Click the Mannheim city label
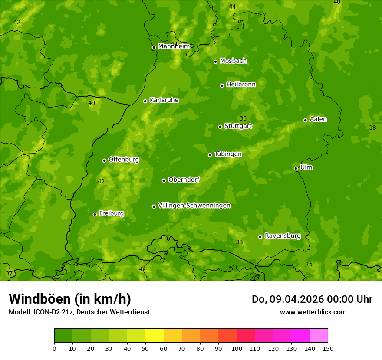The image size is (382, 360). tap(174, 46)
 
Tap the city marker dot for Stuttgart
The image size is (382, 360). tap(220, 127)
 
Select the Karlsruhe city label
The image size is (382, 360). tap(164, 100)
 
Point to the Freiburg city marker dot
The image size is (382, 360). tap(95, 214)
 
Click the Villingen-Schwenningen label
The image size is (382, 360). tap(194, 206)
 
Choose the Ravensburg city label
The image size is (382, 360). tap(283, 236)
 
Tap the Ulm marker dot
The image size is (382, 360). tap(296, 168)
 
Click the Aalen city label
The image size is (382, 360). tap(318, 119)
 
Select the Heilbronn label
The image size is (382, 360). tap(241, 85)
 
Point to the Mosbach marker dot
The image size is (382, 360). tap(215, 62)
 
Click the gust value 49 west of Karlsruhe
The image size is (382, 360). tap(92, 103)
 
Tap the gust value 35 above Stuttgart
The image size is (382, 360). tap(243, 119)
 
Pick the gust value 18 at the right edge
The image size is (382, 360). tap(372, 128)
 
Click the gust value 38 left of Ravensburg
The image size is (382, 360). tap(239, 242)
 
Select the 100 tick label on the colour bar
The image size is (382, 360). tap(237, 348)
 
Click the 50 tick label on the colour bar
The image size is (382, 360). tap(145, 348)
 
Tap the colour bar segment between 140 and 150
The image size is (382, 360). tap(319, 336)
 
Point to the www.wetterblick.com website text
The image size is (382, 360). tap(313, 312)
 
